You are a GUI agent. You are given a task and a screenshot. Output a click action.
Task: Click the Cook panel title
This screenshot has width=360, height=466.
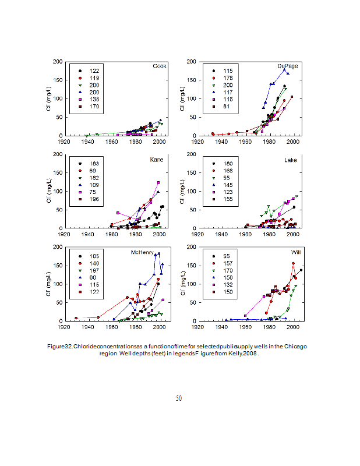coord(160,66)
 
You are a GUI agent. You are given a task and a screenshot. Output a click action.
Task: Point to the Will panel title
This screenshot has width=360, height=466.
coord(296,252)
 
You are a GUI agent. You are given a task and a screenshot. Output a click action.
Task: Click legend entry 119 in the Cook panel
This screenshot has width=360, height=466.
coord(94,77)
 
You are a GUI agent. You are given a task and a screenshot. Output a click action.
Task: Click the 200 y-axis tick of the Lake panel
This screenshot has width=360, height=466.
coord(193,154)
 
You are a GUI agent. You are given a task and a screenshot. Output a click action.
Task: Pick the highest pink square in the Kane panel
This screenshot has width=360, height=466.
coord(158,182)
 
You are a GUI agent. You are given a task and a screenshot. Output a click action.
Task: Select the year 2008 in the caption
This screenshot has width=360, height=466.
coord(249,354)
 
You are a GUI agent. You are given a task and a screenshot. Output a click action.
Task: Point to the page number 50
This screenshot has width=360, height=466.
coord(179,398)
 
